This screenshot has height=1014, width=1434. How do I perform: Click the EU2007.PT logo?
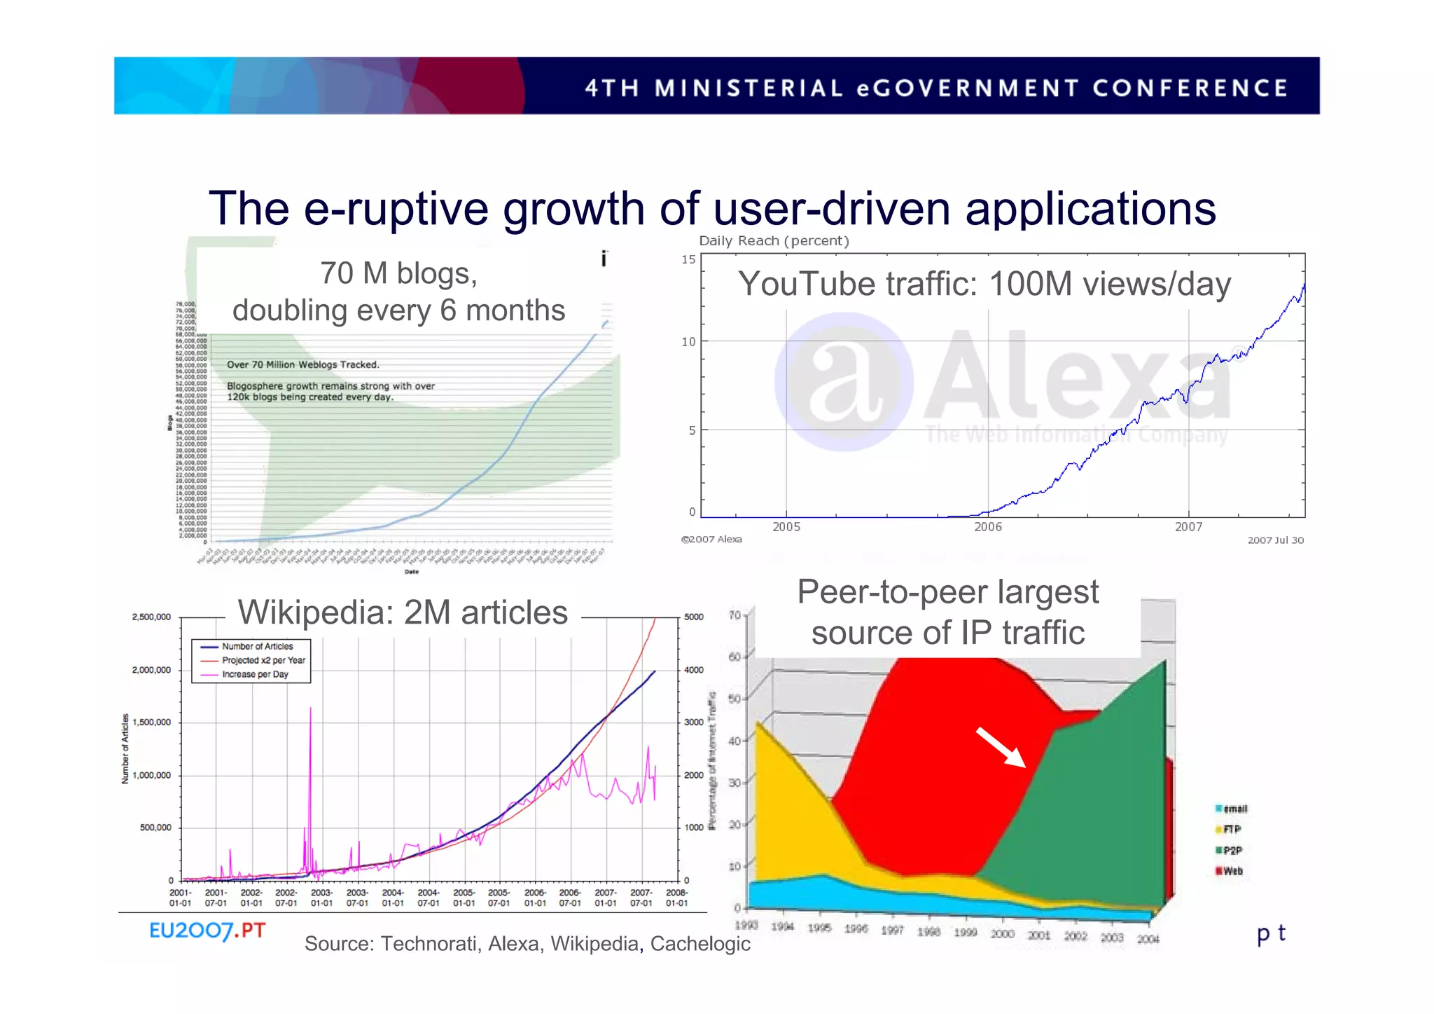click(x=207, y=931)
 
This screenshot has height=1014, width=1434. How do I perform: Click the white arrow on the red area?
click(x=1001, y=748)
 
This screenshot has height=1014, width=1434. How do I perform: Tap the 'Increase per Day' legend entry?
click(x=254, y=674)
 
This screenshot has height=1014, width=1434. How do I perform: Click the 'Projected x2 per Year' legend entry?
click(x=263, y=660)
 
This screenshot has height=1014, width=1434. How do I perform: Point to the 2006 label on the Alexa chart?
click(x=988, y=527)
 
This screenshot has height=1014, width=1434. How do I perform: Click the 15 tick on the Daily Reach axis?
click(x=688, y=260)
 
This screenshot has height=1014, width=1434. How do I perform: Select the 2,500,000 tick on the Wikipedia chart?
click(x=151, y=617)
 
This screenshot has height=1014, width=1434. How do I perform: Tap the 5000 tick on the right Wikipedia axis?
click(x=693, y=617)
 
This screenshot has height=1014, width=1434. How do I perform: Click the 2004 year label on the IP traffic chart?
click(x=1148, y=939)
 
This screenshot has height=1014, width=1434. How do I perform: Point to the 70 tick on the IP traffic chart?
click(x=735, y=615)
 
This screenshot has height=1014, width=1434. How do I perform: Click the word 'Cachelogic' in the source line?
click(x=699, y=944)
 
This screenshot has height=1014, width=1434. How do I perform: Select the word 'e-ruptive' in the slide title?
click(x=396, y=209)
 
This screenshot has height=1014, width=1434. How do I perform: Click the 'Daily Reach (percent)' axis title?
click(x=774, y=241)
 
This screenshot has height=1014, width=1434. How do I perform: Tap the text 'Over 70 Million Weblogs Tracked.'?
click(x=302, y=364)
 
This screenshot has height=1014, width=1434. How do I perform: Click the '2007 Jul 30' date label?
click(x=1275, y=540)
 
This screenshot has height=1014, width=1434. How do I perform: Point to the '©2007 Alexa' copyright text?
click(x=711, y=540)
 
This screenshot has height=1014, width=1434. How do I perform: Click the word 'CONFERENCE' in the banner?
click(x=1190, y=88)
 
